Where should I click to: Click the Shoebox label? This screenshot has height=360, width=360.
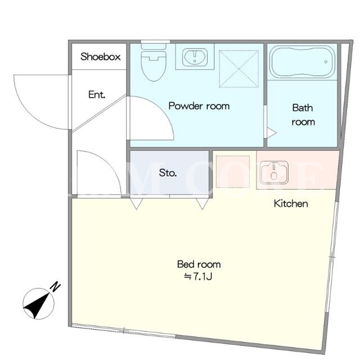[x=100, y=56]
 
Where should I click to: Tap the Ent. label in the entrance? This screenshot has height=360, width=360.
[x=97, y=94]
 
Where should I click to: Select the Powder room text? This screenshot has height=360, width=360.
[x=199, y=106]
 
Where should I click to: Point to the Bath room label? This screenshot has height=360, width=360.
[x=303, y=115]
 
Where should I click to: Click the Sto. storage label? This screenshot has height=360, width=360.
[x=168, y=173]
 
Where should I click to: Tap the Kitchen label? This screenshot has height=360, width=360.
[x=291, y=204]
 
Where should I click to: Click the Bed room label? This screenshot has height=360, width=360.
[x=199, y=264]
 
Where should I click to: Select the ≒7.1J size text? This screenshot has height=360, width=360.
[x=198, y=277]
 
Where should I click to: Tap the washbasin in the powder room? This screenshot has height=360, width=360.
[x=195, y=57]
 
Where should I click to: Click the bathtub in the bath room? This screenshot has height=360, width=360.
[x=302, y=62]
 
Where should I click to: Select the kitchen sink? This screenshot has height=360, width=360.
[x=274, y=172]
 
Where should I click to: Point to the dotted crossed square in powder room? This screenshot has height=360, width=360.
[x=238, y=69]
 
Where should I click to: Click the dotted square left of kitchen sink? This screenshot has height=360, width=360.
[x=233, y=172]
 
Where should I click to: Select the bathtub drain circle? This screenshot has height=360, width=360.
[x=326, y=62]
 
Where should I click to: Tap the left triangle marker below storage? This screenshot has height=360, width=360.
[x=136, y=204]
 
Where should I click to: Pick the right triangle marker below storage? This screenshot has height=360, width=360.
[x=202, y=204]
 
